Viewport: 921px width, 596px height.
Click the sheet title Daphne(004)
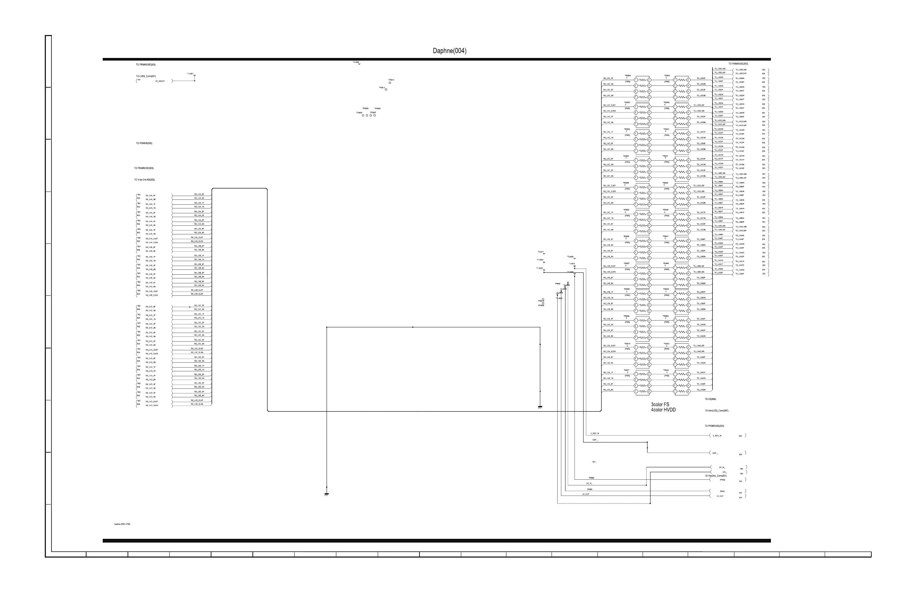tap(449, 51)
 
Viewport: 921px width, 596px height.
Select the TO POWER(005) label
tap(144, 143)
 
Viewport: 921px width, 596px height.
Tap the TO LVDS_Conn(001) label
tap(146, 76)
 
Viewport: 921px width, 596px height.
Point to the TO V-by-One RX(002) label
tap(144, 179)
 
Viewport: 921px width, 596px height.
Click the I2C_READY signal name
tap(160, 81)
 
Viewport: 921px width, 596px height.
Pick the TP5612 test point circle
tap(390, 83)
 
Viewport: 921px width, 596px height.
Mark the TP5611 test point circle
tap(386, 90)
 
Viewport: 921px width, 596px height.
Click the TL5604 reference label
tap(356, 62)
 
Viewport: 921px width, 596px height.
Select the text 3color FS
tap(660, 404)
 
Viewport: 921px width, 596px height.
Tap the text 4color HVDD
tap(663, 410)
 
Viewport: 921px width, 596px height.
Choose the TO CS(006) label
tap(710, 399)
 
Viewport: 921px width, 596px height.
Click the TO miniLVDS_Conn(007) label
tap(716, 411)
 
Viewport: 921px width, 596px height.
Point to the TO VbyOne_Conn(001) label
tap(716, 476)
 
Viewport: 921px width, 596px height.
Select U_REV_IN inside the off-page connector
tap(717, 436)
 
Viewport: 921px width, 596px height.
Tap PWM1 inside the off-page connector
tap(722, 491)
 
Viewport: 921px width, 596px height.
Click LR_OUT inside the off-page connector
tap(720, 496)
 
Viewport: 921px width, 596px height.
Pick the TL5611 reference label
tap(541, 252)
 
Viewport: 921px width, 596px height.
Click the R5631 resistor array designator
tap(667, 76)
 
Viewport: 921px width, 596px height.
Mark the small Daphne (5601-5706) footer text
tap(122, 524)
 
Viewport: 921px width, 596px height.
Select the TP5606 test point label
tap(365, 108)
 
